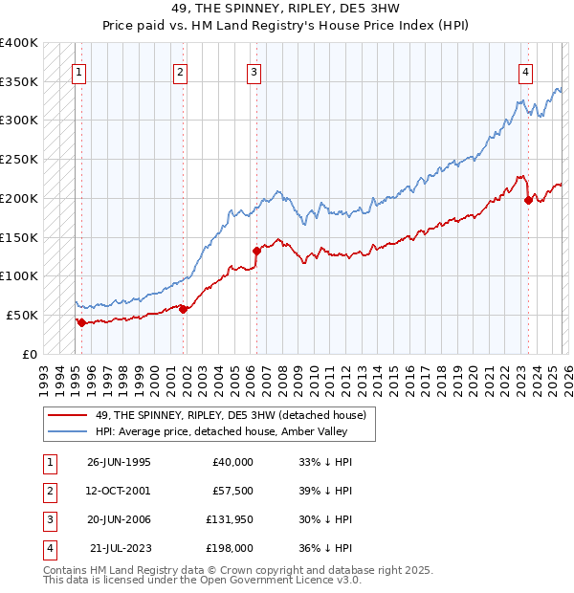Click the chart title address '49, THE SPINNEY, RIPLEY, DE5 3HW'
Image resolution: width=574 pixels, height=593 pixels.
tap(286, 11)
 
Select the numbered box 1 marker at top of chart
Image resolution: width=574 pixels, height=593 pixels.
tap(77, 71)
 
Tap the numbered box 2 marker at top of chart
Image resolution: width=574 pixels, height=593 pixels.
tap(180, 71)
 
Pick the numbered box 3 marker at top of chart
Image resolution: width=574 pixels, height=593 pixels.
tap(254, 71)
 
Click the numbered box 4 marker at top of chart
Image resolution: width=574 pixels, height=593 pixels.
tap(525, 71)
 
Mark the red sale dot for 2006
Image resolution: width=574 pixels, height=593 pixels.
tap(256, 251)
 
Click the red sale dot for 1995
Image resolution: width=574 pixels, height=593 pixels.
tap(81, 322)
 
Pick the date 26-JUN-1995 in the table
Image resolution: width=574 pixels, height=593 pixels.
tap(119, 462)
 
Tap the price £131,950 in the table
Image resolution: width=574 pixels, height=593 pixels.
tap(229, 519)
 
